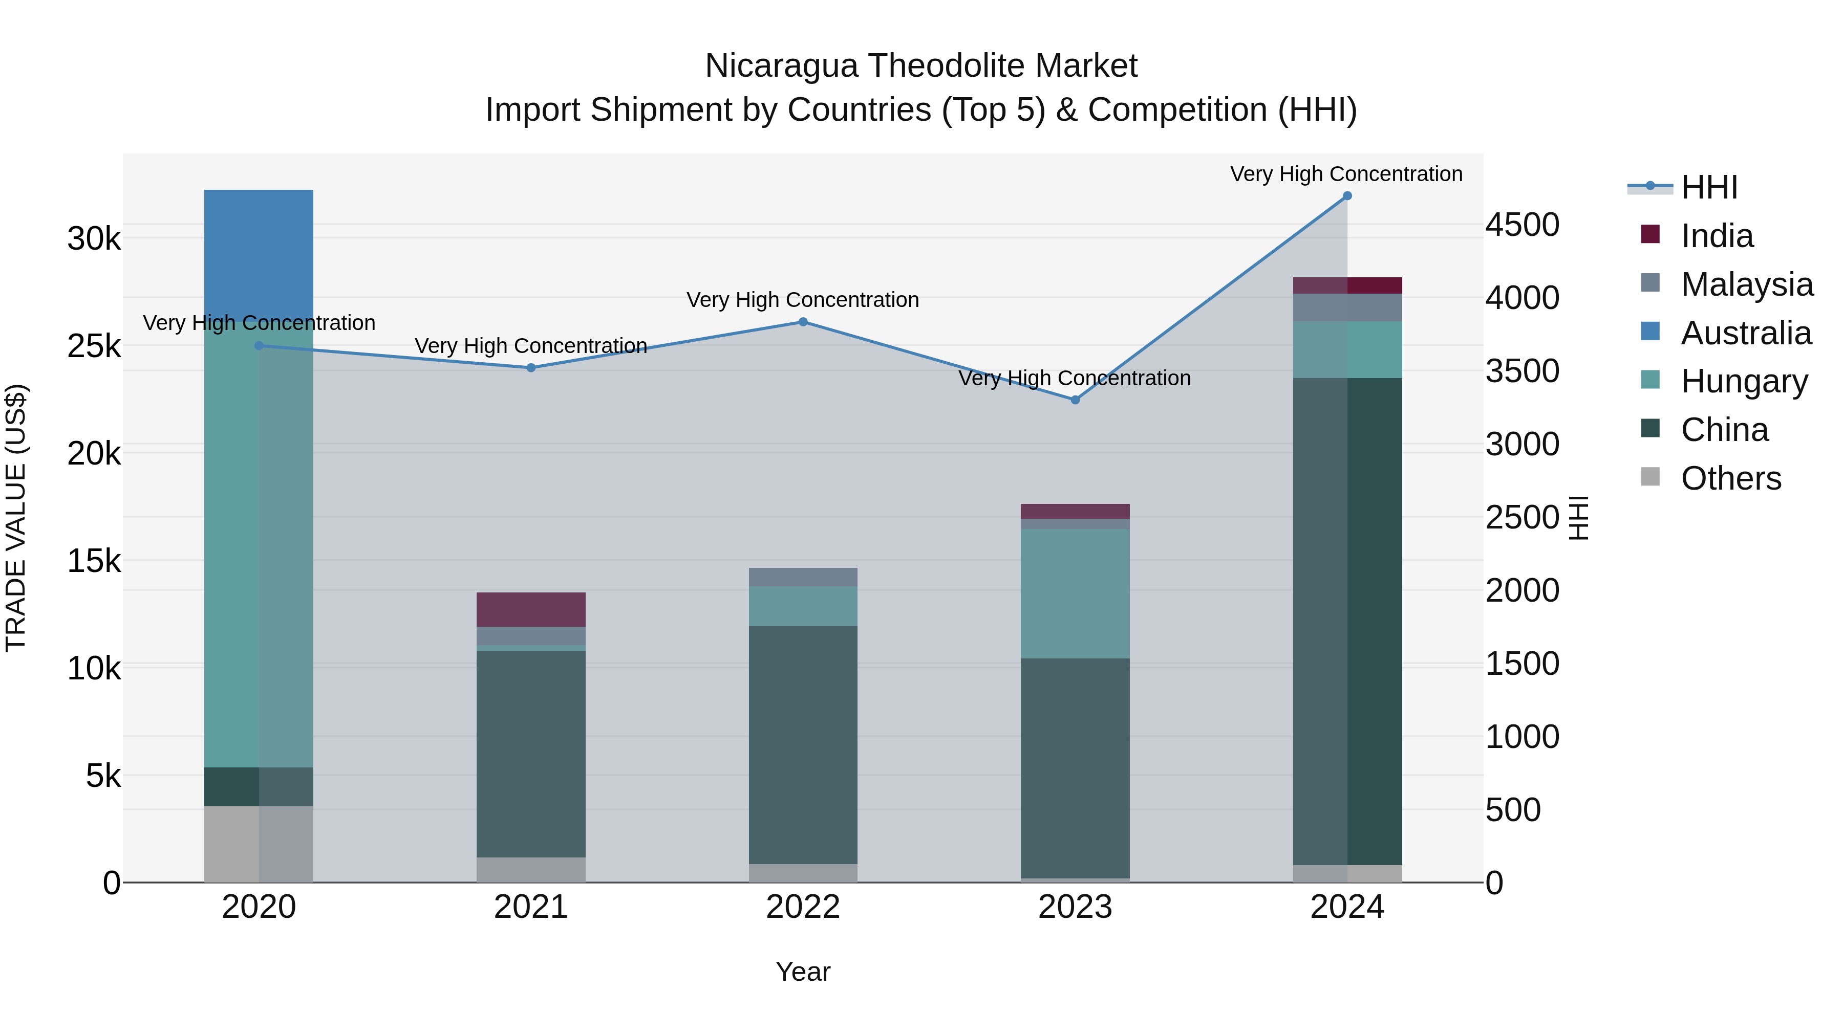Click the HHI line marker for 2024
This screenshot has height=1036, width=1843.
(1347, 196)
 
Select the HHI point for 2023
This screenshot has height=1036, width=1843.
(1075, 400)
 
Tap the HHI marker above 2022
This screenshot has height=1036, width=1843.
(803, 322)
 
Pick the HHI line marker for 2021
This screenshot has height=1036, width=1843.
(531, 367)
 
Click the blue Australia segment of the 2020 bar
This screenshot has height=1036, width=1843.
(259, 250)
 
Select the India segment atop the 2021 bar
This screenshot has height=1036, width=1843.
(531, 609)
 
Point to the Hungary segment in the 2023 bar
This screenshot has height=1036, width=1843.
(1075, 593)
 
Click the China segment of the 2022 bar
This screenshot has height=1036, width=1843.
(803, 743)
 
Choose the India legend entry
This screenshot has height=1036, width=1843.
(1717, 236)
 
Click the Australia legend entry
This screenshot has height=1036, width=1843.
(1745, 333)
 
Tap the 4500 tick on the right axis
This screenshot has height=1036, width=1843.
(1523, 225)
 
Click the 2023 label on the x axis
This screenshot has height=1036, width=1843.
(1075, 907)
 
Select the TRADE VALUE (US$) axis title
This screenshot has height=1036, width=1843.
(16, 518)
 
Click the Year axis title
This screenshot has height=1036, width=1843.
(803, 972)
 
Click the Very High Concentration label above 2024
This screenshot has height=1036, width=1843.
(1346, 174)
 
